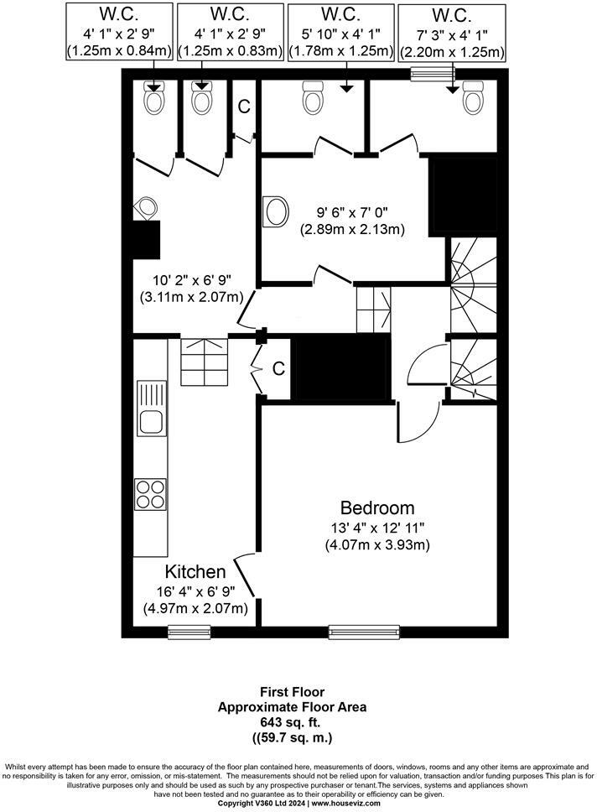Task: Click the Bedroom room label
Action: point(377,507)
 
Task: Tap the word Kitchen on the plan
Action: point(195,572)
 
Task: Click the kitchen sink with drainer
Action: point(152,408)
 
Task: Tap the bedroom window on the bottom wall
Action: point(364,631)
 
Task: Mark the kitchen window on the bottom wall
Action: point(189,631)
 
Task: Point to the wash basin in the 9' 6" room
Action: point(274,211)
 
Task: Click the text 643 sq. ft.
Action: point(292,722)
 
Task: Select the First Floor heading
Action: point(292,692)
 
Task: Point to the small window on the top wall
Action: point(428,75)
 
